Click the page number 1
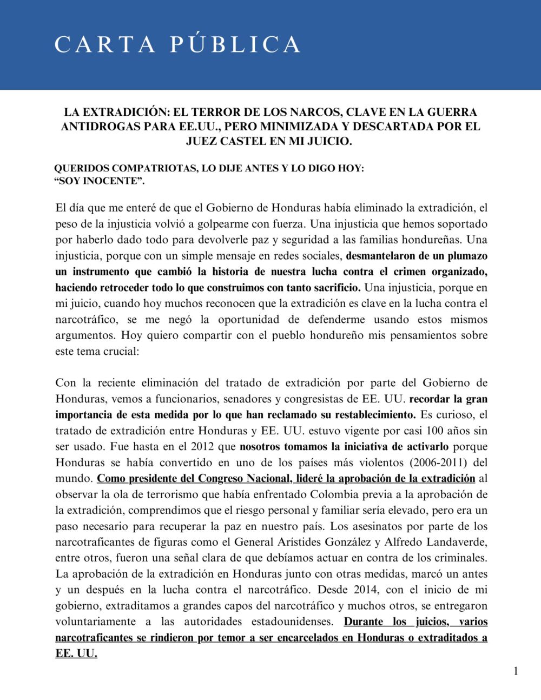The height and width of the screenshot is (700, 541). click(516, 671)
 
